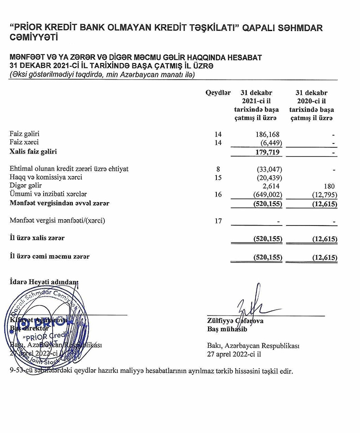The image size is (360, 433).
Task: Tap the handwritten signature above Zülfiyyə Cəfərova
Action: click(250, 308)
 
